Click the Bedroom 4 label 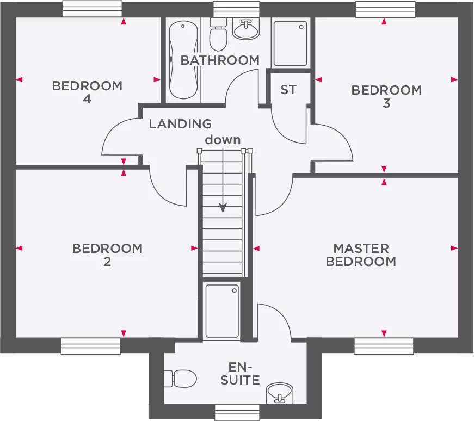click(87, 92)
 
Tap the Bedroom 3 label click(386, 96)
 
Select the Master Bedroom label click(361, 255)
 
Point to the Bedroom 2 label click(107, 255)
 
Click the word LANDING click(180, 124)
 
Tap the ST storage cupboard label click(288, 90)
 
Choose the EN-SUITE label click(240, 373)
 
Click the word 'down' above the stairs click(223, 140)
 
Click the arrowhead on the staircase click(223, 208)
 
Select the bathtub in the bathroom click(182, 60)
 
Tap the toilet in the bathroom click(218, 33)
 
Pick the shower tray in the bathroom click(290, 44)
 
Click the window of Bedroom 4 click(92, 9)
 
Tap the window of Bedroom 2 click(90, 346)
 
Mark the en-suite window click(237, 412)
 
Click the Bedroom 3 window click(384, 9)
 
